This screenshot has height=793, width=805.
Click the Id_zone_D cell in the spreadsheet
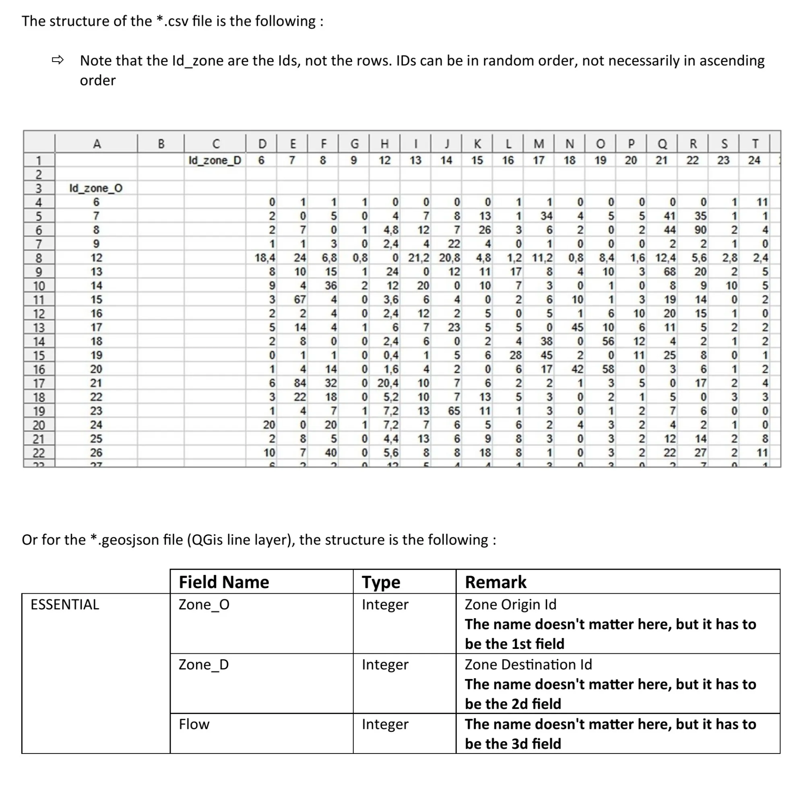click(x=215, y=160)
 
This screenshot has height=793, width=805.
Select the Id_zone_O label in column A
click(x=96, y=188)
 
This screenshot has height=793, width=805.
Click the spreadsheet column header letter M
click(x=539, y=144)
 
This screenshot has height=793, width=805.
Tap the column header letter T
click(x=755, y=144)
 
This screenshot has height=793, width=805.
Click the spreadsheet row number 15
click(x=38, y=355)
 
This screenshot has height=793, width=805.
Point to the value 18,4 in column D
click(x=265, y=258)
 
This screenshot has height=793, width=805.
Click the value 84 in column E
click(x=300, y=383)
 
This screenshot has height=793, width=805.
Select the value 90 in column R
click(x=700, y=230)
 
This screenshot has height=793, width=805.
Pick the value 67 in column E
click(x=300, y=299)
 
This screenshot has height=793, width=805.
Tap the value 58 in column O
click(x=608, y=369)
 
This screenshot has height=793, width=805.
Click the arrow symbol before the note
click(x=58, y=60)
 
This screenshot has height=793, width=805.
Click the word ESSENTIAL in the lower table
click(x=65, y=604)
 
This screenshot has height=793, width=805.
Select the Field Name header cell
click(x=224, y=582)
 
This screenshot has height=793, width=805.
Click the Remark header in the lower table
click(x=495, y=582)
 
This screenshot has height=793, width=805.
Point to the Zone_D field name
click(x=204, y=664)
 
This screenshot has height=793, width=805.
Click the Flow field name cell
click(x=194, y=724)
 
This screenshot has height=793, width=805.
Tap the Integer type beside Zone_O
click(x=385, y=604)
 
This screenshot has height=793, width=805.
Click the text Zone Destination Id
click(x=528, y=664)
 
